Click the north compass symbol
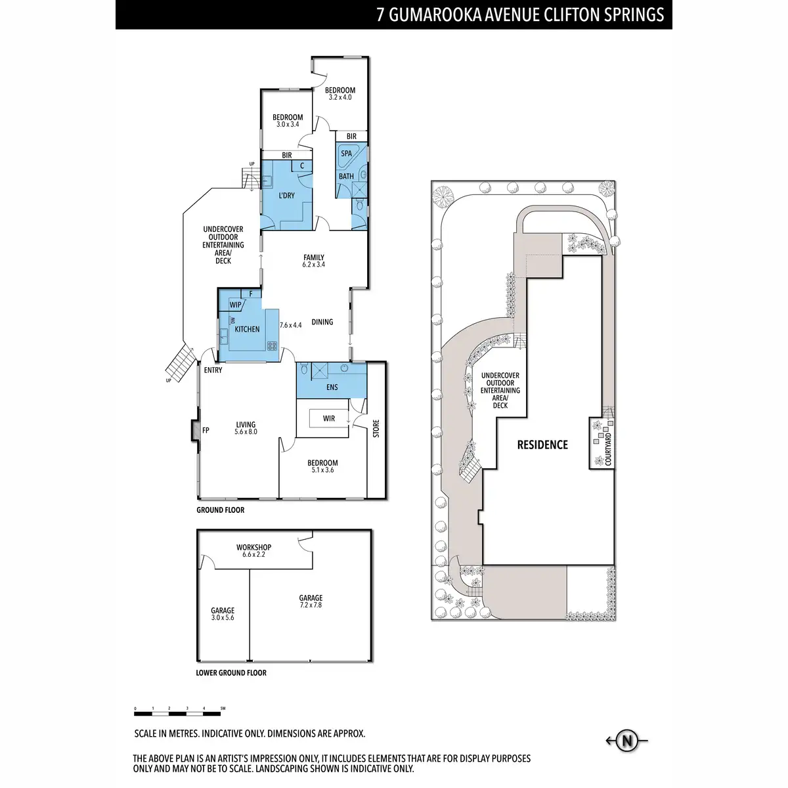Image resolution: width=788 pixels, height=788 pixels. click(627, 741)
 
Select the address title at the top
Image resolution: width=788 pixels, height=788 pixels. click(520, 15)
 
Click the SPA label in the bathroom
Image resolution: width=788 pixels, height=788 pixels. click(346, 154)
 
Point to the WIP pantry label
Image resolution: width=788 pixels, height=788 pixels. click(235, 305)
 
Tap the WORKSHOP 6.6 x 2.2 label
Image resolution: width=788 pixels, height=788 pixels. click(254, 551)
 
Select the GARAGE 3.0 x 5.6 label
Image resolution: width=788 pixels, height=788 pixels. click(223, 614)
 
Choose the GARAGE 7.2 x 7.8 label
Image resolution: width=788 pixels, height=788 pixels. click(311, 602)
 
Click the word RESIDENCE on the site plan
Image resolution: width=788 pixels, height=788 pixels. click(542, 445)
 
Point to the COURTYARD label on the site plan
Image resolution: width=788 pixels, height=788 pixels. click(608, 449)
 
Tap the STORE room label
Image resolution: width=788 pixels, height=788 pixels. click(376, 429)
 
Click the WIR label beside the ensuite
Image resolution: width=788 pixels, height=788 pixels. click(329, 418)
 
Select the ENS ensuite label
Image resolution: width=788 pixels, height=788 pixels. click(332, 387)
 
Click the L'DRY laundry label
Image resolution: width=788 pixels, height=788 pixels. click(287, 196)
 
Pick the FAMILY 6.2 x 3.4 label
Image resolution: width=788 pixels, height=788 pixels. click(314, 261)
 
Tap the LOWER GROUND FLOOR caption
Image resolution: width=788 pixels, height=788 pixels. click(231, 673)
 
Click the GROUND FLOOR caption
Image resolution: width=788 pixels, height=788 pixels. click(221, 510)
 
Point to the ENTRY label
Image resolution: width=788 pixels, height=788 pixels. click(213, 370)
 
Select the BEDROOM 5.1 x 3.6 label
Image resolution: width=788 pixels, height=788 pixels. click(322, 466)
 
